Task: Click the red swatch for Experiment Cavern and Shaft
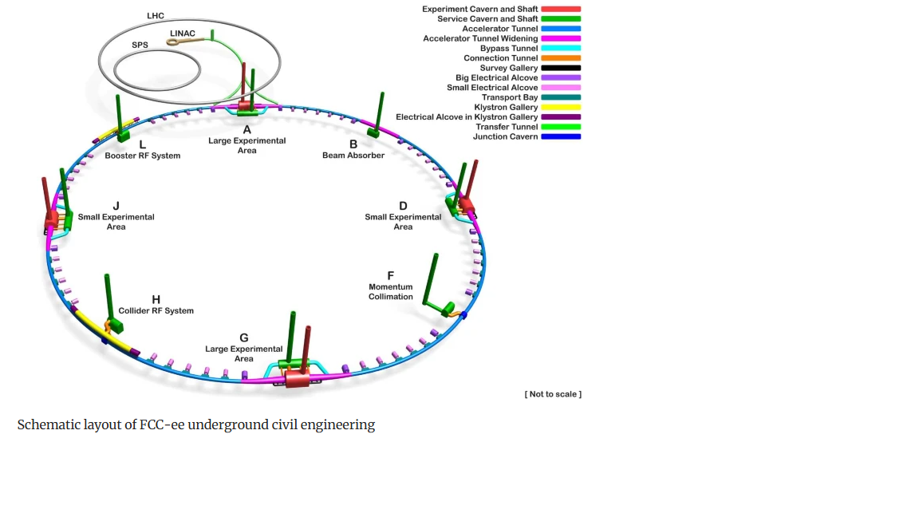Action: (x=561, y=10)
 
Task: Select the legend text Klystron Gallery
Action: (x=506, y=107)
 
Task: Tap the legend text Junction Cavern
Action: (x=505, y=136)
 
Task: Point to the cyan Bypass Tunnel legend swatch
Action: (x=561, y=49)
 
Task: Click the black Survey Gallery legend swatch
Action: (x=561, y=69)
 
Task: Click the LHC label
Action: (x=156, y=16)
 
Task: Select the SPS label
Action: (x=140, y=45)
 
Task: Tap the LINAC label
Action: (x=183, y=33)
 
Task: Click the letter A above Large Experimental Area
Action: (x=247, y=129)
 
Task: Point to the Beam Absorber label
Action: (x=353, y=156)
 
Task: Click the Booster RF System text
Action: (x=143, y=156)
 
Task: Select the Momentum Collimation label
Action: (x=391, y=292)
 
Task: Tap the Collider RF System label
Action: (x=156, y=310)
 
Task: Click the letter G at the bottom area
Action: (x=244, y=337)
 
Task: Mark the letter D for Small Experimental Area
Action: (x=403, y=206)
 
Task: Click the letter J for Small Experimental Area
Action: (x=116, y=206)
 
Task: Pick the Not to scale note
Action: (x=553, y=394)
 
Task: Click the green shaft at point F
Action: (x=432, y=279)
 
